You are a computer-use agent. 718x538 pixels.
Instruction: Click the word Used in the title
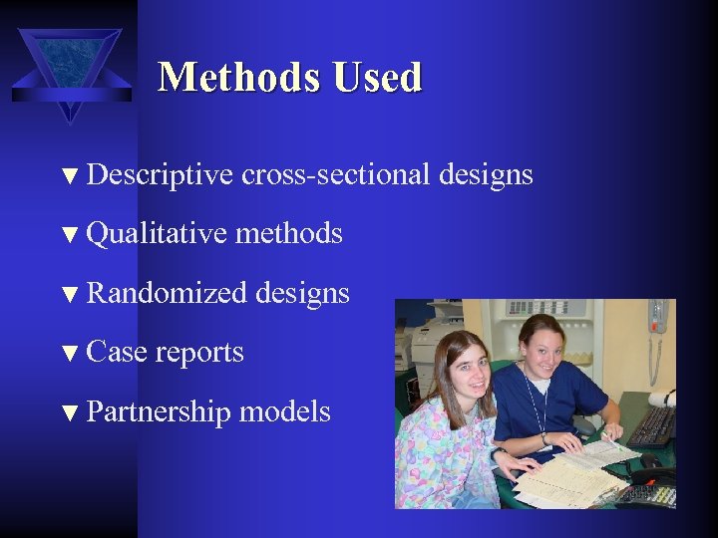tap(380, 77)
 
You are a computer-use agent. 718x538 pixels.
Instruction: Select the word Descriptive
tap(160, 175)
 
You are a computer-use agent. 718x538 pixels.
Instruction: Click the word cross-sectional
tap(340, 175)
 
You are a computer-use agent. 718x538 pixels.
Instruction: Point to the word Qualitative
tap(158, 234)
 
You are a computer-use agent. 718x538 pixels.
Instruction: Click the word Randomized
tap(167, 293)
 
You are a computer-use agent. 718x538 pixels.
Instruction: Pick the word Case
tap(118, 352)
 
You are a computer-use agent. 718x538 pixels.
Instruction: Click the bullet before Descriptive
tap(69, 177)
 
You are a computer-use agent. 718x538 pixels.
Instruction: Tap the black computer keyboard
tap(653, 425)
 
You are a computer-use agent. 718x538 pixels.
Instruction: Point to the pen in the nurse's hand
tap(605, 435)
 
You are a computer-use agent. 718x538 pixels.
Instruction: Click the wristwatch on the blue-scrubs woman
tap(545, 438)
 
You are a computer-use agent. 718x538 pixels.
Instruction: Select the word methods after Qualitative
tap(288, 234)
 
